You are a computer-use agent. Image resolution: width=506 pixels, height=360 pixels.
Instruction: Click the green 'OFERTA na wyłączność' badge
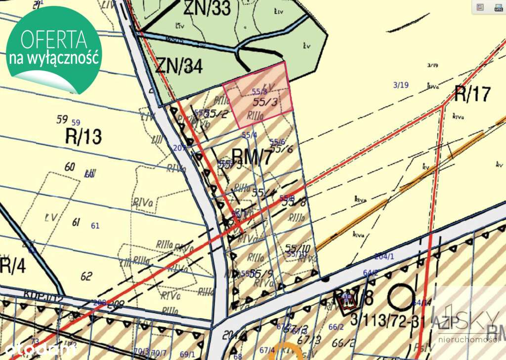[53, 49]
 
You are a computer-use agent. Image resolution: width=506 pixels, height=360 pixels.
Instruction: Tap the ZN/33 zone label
[207, 8]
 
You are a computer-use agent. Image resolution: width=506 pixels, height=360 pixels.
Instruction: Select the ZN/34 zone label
[179, 66]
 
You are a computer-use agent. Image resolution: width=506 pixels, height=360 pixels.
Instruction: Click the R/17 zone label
[473, 93]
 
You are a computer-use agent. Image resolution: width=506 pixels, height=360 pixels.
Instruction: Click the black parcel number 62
[86, 276]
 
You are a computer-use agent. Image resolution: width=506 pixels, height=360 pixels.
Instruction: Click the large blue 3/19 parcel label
[401, 85]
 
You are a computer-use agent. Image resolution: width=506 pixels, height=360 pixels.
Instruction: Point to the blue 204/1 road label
[384, 256]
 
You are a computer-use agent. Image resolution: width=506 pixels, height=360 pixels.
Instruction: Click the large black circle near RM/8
[400, 298]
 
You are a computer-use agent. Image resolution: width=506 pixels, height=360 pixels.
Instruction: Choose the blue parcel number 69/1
[187, 354]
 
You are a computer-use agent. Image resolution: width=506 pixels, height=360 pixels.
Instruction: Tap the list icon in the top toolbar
[479, 7]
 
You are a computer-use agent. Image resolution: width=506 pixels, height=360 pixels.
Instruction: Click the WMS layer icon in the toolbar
[498, 7]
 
